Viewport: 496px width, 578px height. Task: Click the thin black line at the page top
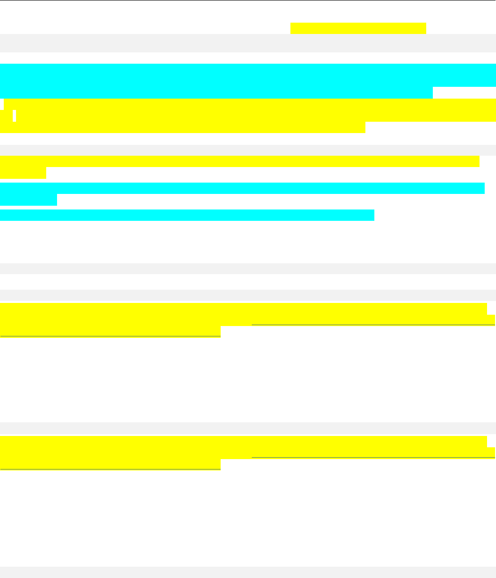click(248, 0)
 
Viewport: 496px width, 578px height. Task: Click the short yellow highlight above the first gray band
click(358, 28)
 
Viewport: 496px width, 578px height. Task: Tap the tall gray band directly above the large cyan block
click(248, 43)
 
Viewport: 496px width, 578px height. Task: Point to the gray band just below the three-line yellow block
click(248, 150)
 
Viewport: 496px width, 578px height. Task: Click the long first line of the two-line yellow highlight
click(240, 161)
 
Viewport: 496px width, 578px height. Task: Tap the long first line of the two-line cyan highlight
click(242, 188)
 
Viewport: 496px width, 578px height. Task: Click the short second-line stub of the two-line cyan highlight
click(28, 200)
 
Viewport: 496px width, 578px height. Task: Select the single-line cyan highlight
click(187, 215)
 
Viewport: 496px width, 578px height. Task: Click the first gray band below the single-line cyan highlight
click(248, 268)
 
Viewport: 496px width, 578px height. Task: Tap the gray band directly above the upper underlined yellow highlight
click(248, 295)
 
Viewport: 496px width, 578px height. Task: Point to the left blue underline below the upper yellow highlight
click(110, 336)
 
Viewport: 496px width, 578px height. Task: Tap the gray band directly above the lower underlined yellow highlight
click(248, 428)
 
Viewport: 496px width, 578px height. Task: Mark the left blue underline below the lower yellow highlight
click(110, 469)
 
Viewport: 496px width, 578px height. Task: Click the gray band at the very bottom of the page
click(248, 572)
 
